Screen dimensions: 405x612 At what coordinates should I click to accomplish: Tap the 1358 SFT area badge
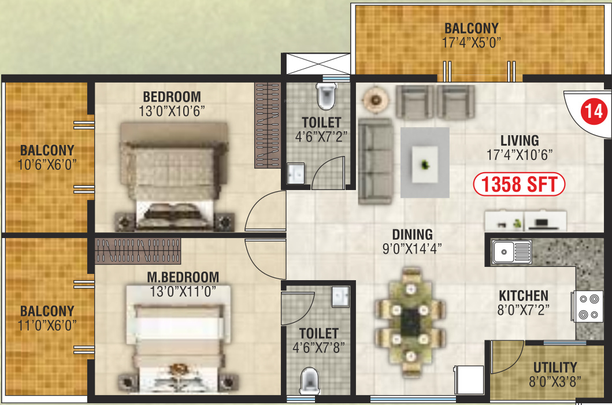518,185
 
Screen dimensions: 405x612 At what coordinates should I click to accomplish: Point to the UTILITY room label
555,367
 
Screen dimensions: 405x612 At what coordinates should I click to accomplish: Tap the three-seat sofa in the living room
374,161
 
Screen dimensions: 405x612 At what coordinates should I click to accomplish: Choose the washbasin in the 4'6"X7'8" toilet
341,296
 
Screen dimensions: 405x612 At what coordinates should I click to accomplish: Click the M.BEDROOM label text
183,277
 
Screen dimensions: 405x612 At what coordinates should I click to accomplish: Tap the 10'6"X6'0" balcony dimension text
47,164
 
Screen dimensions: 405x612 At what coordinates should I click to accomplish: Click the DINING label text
412,235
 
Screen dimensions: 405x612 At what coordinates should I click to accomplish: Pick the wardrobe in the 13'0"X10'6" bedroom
268,126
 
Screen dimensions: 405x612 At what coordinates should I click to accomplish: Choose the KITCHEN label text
524,295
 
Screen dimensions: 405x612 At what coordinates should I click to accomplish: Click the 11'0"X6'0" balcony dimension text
47,325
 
